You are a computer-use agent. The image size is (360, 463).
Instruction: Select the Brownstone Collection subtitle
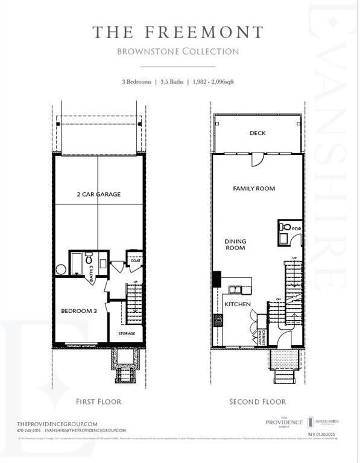(177, 51)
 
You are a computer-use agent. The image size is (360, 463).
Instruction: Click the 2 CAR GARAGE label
(98, 194)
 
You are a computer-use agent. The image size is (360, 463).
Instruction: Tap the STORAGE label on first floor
(127, 333)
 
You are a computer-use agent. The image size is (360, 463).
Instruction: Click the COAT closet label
(135, 261)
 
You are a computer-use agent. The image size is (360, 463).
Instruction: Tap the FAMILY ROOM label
(254, 189)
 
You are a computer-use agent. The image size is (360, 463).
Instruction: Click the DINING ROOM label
(235, 244)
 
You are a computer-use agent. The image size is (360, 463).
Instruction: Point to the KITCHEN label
(238, 304)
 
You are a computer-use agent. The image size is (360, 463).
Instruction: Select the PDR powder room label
(296, 230)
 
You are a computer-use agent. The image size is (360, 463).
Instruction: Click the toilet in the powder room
(283, 228)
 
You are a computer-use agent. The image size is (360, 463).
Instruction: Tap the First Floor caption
(98, 401)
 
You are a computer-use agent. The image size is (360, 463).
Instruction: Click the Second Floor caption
(257, 401)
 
